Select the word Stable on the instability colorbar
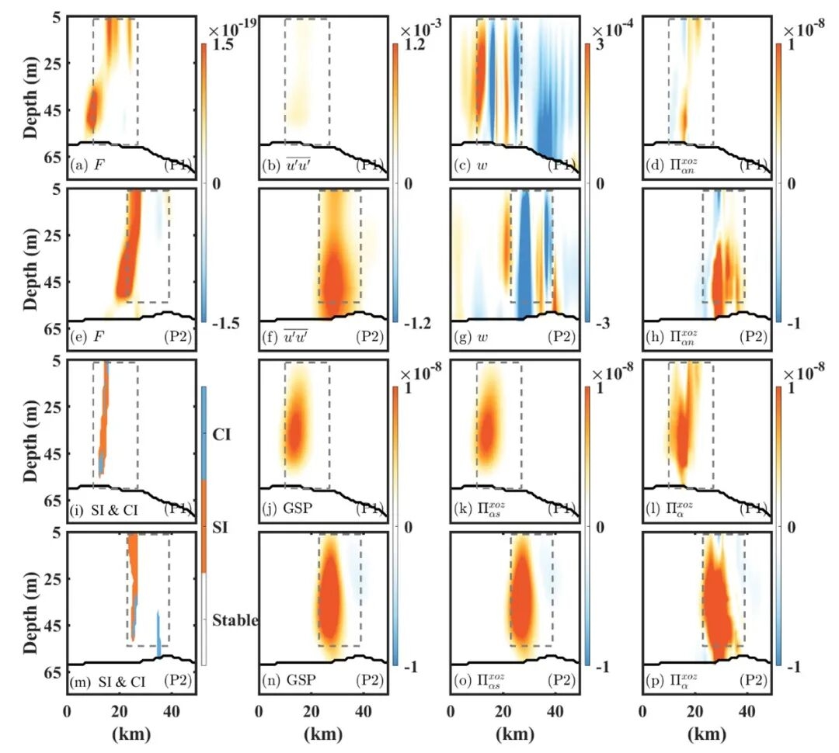(235, 620)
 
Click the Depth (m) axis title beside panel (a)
(31, 86)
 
